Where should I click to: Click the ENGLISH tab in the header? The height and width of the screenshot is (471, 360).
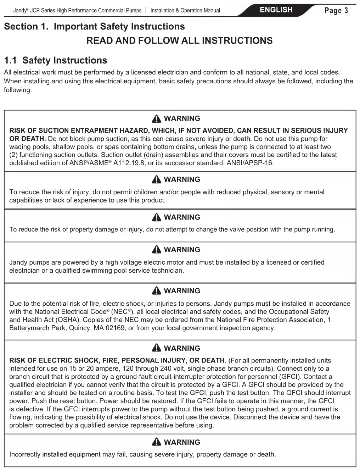click(x=276, y=10)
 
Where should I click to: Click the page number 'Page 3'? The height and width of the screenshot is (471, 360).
click(x=336, y=11)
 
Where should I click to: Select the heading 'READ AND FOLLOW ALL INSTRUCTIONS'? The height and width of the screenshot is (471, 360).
click(x=180, y=40)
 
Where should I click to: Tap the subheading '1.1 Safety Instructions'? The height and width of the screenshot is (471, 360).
click(x=55, y=60)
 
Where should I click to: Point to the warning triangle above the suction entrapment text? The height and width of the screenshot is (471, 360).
click(x=156, y=118)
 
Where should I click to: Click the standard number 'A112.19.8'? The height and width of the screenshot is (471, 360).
click(x=129, y=163)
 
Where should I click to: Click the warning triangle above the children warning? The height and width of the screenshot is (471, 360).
click(x=156, y=179)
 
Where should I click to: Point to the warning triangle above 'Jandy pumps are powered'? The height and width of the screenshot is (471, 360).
click(x=156, y=250)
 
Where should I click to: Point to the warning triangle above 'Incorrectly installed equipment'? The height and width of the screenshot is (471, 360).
click(x=156, y=442)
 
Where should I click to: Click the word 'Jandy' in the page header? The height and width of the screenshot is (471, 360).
click(x=20, y=11)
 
